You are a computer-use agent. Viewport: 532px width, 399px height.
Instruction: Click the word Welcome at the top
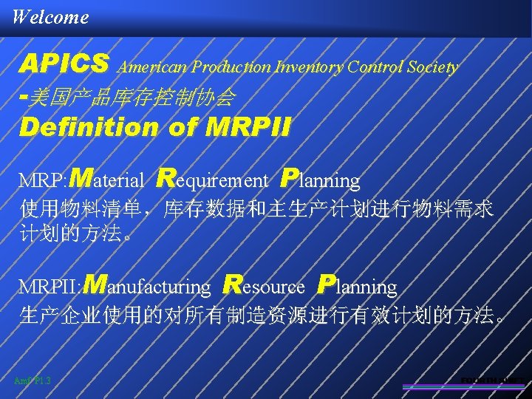50,16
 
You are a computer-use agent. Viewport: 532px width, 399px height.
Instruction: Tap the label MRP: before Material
43,180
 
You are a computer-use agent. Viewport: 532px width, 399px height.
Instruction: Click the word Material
111,179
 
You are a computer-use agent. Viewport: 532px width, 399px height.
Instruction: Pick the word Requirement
214,179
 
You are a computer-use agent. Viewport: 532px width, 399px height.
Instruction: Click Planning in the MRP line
321,179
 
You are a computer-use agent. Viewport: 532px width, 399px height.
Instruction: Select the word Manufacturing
147,285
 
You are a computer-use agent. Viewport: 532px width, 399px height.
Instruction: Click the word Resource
264,285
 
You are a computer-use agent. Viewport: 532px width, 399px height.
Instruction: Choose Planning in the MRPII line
358,285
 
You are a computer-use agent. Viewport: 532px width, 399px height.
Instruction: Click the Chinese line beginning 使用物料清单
256,209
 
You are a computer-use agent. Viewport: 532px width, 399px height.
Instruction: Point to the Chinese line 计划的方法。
78,235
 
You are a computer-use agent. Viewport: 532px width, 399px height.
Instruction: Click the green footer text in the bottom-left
32,381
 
